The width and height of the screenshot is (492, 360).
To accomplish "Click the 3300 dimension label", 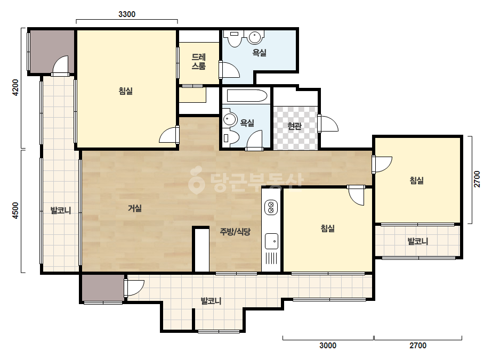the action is tap(127, 14).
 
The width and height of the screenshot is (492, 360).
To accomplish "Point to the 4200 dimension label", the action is tap(15, 87).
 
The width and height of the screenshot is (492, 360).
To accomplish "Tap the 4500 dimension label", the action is tap(15, 211).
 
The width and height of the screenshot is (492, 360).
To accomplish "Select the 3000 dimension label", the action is tap(328, 345).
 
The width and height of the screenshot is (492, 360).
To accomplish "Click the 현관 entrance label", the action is tap(294, 126).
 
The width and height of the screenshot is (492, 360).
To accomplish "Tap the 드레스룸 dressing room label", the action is tap(199, 61).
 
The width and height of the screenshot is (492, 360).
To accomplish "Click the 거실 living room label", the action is tap(135, 208).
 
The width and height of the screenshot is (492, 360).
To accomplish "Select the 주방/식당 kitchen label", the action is tap(235, 232).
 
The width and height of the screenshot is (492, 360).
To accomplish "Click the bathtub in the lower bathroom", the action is tap(247, 96).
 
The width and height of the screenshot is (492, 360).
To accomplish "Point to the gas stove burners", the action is tap(271, 207).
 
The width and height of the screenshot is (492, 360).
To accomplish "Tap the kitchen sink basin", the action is tap(271, 241).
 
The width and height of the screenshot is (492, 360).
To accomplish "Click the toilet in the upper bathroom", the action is tap(235, 38).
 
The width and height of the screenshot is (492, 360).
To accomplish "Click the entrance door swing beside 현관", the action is tap(328, 124).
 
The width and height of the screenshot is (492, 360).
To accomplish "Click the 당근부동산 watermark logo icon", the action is tap(196, 180).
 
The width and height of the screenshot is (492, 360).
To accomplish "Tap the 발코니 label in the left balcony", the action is tap(61, 210).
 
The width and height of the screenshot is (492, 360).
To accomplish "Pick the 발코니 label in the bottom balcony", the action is tap(211, 301).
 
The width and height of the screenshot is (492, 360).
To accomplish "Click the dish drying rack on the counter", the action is tap(271, 258).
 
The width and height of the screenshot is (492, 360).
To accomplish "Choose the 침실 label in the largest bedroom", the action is tap(125, 91).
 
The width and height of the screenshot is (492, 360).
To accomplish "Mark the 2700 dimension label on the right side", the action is tap(477, 179).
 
